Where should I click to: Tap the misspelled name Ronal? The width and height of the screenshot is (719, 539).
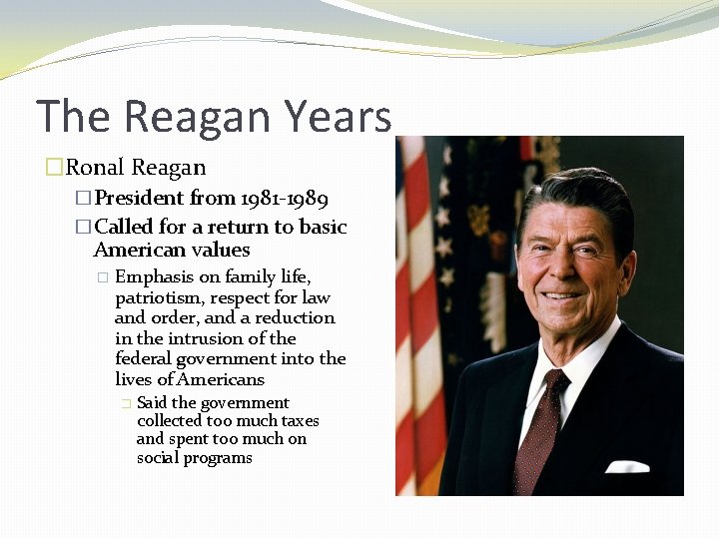pyautogui.click(x=96, y=168)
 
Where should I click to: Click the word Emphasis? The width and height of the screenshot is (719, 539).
pyautogui.click(x=155, y=276)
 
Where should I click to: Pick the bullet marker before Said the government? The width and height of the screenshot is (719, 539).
pyautogui.click(x=125, y=403)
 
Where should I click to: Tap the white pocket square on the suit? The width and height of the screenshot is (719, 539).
pyautogui.click(x=627, y=466)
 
